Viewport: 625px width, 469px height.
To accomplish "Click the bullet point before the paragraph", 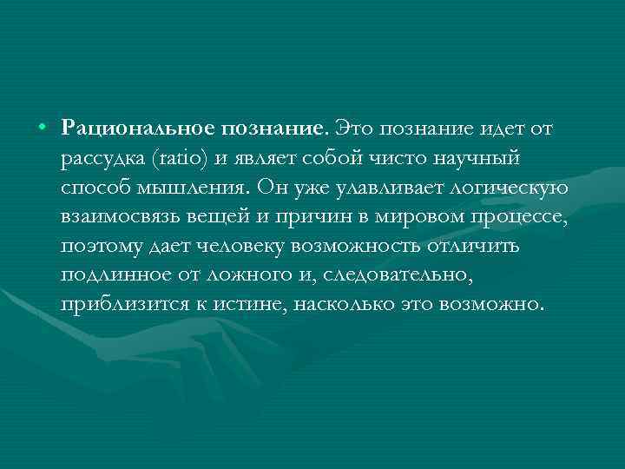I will [42, 129].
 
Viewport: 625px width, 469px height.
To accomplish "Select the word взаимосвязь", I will [115, 217].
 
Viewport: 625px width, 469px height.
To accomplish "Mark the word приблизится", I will [114, 306].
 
